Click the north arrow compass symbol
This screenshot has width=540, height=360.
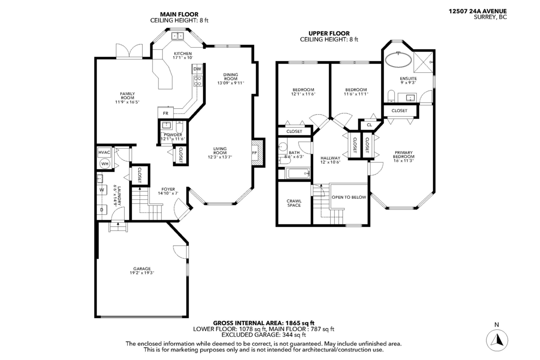coord(497,338)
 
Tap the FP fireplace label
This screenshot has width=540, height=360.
coord(254,153)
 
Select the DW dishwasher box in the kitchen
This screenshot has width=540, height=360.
coord(197,69)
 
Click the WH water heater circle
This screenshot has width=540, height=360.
coord(104,164)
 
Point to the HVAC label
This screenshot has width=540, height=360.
coord(104,152)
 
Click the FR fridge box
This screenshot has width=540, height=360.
coord(165,113)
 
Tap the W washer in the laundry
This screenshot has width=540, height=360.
coord(102,189)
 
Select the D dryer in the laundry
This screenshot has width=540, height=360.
coord(102,210)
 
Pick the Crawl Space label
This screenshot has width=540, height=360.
coord(293,203)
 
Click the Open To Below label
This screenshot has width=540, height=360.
coord(349,197)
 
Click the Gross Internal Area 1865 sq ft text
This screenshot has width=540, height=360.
coord(264,323)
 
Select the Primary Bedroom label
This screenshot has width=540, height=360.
coord(403,156)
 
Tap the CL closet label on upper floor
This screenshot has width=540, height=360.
coord(369,125)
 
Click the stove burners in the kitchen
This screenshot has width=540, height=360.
coord(197,81)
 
